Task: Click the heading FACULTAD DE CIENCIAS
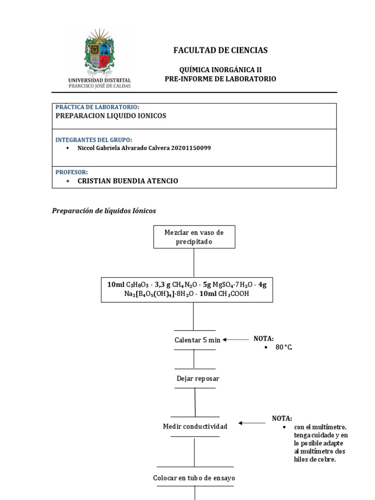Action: (x=220, y=50)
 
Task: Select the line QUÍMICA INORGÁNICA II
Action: (x=220, y=70)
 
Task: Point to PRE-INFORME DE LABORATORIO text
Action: (x=220, y=79)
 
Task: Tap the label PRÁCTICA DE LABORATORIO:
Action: (x=98, y=107)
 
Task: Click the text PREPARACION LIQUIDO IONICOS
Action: (x=111, y=116)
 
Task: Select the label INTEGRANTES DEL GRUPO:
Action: (x=94, y=140)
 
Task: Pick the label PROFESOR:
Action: (x=72, y=172)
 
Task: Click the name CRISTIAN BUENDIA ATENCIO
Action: (x=128, y=181)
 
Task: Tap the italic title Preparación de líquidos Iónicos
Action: (x=104, y=211)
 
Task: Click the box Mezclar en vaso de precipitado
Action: (x=194, y=237)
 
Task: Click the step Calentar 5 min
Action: (x=197, y=340)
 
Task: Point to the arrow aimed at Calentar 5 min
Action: (x=235, y=339)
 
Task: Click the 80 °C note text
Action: (x=286, y=347)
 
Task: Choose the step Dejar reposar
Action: (x=197, y=378)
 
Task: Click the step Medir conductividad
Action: (x=195, y=426)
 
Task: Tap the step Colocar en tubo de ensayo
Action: (x=194, y=478)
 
